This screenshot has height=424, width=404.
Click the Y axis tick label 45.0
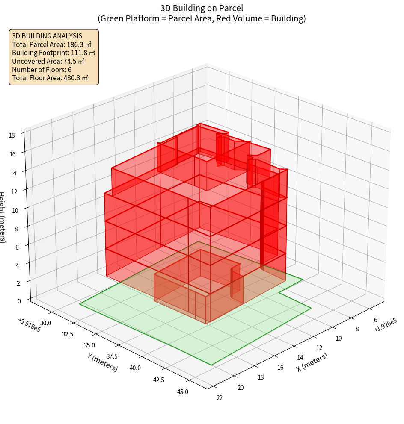click(182, 391)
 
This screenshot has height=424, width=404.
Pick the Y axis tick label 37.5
click(113, 356)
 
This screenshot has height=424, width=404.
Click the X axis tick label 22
click(220, 398)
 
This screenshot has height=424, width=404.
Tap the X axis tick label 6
click(375, 320)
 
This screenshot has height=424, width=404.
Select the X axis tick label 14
click(300, 357)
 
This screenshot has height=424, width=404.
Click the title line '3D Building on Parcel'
click(202, 8)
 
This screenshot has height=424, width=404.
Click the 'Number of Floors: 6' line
click(42, 70)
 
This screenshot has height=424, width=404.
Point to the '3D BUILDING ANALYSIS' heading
click(48, 36)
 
